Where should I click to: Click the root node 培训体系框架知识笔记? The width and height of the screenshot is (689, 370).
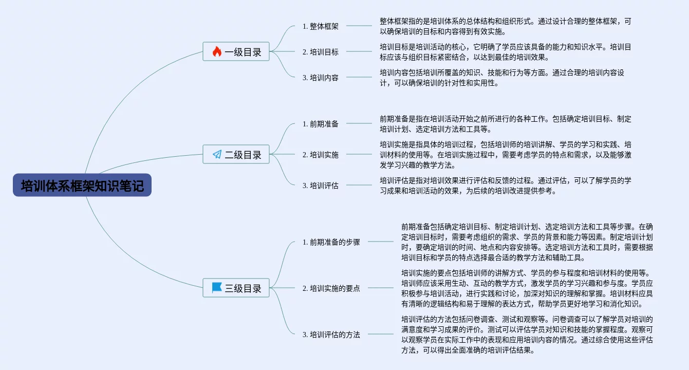pos(82,186)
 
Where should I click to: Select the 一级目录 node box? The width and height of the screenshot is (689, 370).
pos(236,51)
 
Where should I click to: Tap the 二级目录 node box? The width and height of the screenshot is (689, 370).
pos(236,154)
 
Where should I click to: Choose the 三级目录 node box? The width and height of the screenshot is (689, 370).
pos(236,288)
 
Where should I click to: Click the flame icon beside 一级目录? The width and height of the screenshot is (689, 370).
pos(217,51)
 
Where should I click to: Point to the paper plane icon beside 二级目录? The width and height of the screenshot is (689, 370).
pos(217,154)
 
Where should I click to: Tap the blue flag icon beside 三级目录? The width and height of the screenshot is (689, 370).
pos(217,288)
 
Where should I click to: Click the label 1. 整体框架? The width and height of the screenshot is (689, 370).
pos(321,26)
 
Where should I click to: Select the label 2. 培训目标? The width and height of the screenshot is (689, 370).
pos(321,52)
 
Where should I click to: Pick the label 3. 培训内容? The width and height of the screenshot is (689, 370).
pos(321,78)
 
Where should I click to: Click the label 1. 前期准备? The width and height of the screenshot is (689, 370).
pos(321,124)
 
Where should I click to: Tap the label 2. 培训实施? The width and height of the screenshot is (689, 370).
pos(321,155)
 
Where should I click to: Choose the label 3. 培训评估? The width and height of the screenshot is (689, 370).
pos(321,186)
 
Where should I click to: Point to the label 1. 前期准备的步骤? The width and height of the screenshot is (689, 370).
pos(331,242)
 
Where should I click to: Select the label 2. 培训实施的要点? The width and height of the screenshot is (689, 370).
pos(331,288)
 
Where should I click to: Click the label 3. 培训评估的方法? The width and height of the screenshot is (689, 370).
pos(331,335)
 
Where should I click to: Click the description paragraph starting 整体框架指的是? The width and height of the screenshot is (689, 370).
pos(506,26)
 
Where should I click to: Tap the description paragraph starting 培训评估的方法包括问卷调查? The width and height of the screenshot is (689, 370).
pos(527,335)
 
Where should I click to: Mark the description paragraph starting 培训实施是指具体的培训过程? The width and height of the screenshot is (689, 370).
pos(506,155)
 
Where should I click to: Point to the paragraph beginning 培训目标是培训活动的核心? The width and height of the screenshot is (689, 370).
pos(506,52)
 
